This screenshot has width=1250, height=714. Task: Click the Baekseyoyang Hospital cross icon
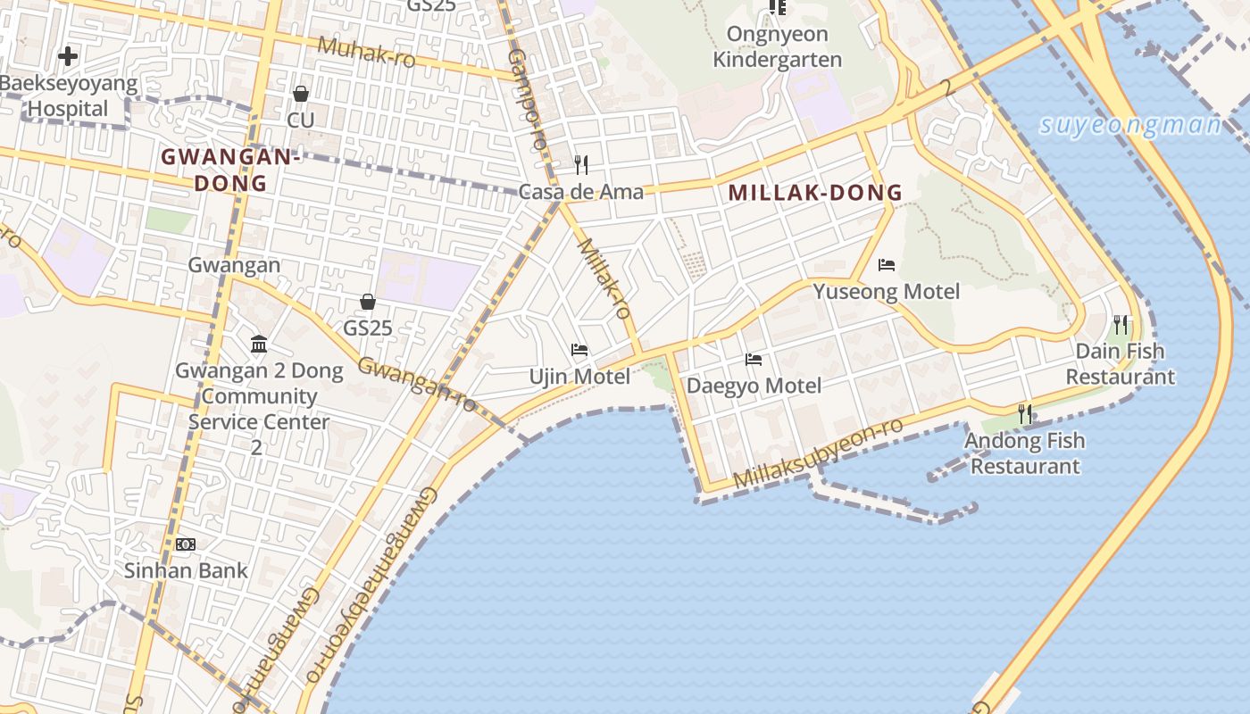67,57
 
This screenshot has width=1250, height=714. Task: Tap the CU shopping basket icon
301,94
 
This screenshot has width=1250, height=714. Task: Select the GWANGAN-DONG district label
229,170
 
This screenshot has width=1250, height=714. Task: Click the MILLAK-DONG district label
815,193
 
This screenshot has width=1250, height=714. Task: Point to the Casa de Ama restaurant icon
580,165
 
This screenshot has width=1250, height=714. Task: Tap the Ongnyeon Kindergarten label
778,47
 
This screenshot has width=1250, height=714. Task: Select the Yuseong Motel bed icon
887,265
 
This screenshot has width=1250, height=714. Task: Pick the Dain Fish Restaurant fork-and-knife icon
1121,325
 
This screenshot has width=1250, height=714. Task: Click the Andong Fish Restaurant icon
1025,414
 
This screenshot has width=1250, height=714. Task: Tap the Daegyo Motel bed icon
754,360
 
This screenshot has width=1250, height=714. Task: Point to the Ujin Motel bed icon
579,350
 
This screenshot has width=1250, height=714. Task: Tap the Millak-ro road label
605,278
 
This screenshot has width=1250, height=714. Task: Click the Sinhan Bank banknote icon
186,544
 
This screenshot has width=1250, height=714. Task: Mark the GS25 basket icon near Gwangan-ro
367,302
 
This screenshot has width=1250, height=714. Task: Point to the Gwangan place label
234,265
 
